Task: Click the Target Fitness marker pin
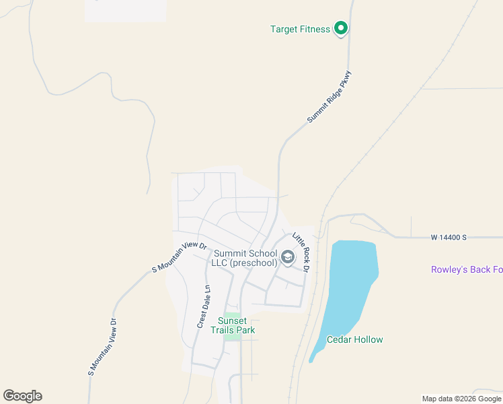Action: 341,28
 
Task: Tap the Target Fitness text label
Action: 300,29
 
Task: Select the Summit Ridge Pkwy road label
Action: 330,97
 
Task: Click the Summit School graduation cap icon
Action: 288,257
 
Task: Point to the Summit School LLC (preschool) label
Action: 245,258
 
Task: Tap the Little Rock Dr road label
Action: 301,252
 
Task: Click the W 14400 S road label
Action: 449,238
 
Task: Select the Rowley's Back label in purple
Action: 467,270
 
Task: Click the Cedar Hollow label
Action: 354,339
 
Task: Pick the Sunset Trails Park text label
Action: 233,325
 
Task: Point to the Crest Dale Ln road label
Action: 204,306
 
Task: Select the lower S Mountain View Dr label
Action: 102,347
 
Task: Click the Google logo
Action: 22,396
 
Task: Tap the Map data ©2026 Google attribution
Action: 462,399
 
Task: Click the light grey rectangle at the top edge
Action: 125,10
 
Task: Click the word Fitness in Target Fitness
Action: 315,29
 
